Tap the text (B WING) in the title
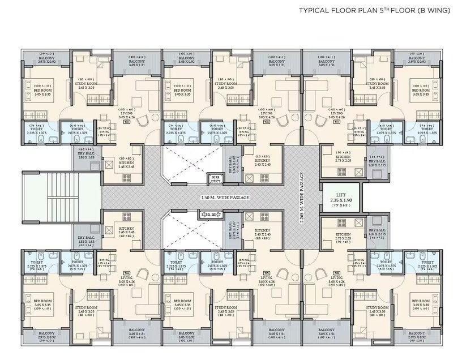click(x=434, y=10)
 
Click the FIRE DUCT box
click(x=214, y=179)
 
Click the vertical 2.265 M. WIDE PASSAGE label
click(x=303, y=198)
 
